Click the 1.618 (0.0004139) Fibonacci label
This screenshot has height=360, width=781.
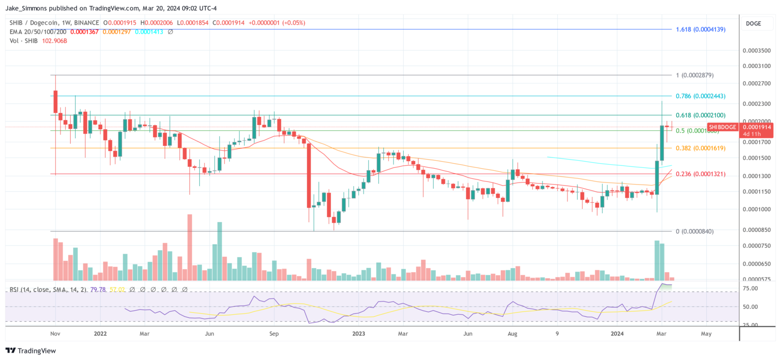tap(700, 29)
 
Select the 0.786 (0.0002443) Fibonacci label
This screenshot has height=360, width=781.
tap(700, 96)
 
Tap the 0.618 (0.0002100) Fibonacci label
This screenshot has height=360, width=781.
tap(700, 115)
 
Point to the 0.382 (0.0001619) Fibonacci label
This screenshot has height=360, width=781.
tap(700, 148)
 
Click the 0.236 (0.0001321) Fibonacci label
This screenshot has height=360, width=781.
tap(700, 174)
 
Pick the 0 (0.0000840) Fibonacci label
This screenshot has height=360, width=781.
tap(695, 232)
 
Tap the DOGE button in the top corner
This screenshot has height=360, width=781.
tap(753, 23)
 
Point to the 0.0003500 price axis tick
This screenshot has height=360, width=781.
tap(756, 51)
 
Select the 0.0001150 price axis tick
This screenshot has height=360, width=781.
tap(756, 192)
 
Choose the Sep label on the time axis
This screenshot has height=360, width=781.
tap(274, 334)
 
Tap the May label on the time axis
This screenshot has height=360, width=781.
tap(706, 334)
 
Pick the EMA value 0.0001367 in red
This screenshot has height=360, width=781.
tap(84, 32)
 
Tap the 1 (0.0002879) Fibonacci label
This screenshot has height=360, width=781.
tap(695, 75)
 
